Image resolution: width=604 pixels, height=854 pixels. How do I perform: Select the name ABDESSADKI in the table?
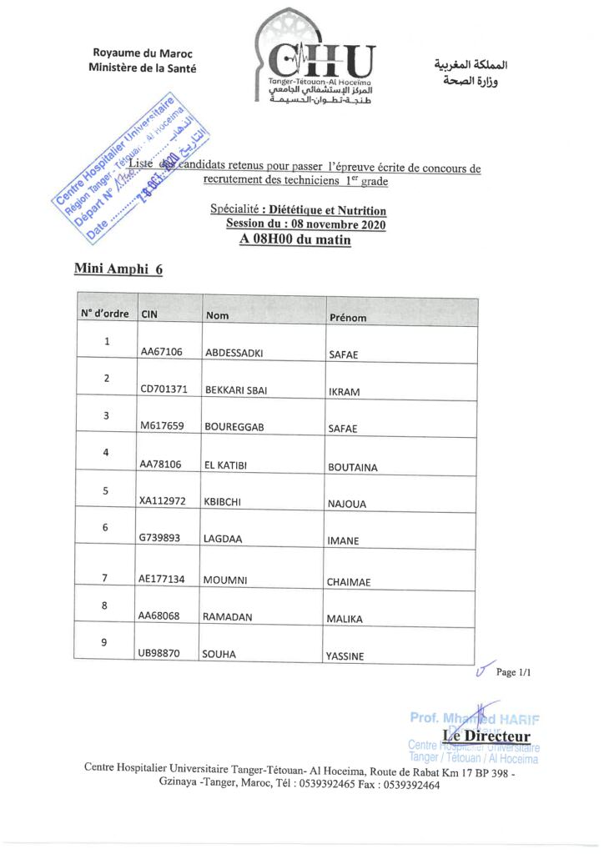click(x=234, y=353)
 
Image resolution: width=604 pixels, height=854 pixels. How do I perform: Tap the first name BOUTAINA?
click(x=352, y=468)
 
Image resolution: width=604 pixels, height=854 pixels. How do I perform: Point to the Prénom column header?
click(x=348, y=318)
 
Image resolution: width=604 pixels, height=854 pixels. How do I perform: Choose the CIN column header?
click(x=149, y=314)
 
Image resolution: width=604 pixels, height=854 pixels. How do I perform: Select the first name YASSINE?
click(x=345, y=656)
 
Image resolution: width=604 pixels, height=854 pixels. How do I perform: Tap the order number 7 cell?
click(x=105, y=577)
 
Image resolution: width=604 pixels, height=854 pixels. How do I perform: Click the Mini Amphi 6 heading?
click(x=118, y=269)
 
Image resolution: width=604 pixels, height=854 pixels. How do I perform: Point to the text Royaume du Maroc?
click(x=143, y=53)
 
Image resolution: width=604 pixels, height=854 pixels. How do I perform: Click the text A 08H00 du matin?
click(x=294, y=240)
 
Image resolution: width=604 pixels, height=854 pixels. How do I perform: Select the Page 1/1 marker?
click(x=514, y=672)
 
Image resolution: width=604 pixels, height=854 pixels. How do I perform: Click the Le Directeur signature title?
click(x=487, y=736)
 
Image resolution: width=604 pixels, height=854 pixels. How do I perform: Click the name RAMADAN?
click(x=228, y=617)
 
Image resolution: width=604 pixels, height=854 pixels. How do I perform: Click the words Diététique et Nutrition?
click(x=323, y=211)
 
